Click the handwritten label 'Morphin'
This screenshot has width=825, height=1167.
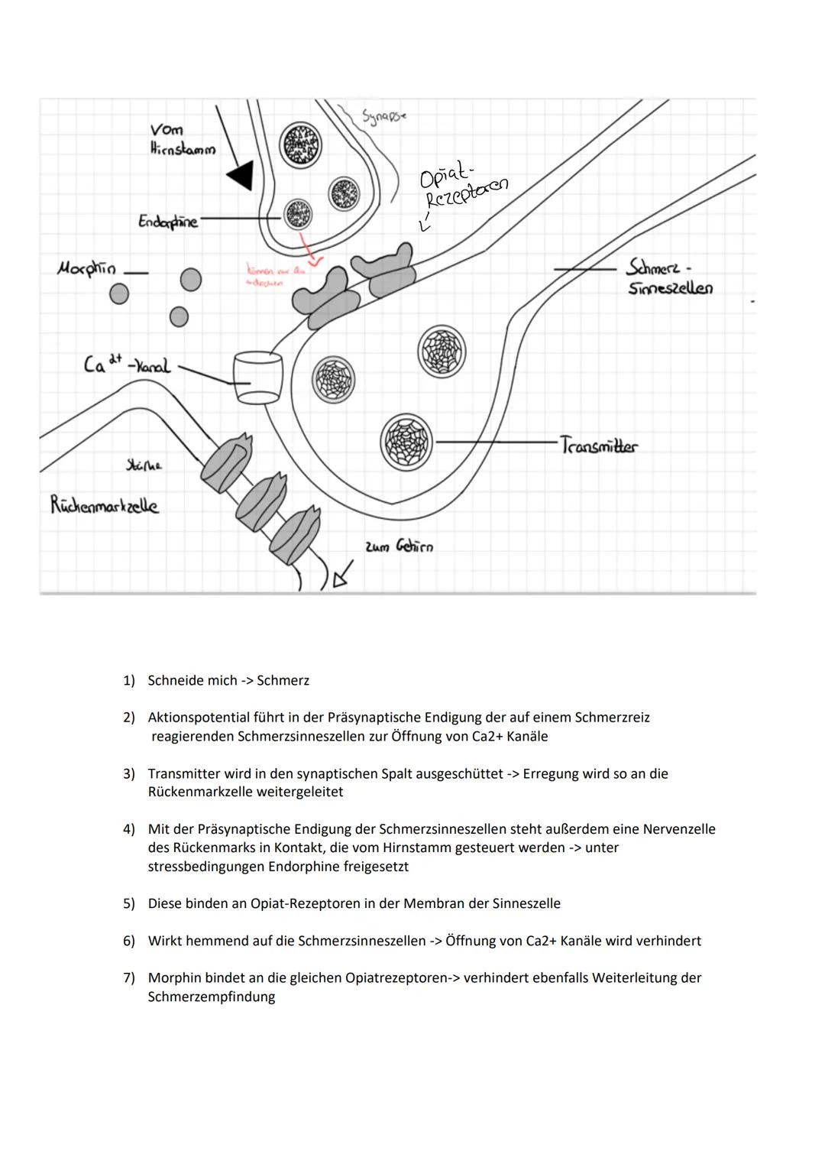coord(86,268)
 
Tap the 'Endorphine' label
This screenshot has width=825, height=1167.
coord(167,222)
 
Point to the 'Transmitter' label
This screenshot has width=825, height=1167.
coord(598,445)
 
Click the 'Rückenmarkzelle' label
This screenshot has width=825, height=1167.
coord(105,505)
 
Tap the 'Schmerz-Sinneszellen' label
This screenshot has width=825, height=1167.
coord(669,277)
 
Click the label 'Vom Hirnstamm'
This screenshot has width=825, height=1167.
coord(182,139)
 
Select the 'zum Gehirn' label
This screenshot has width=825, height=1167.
coord(399,546)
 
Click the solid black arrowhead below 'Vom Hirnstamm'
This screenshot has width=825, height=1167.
coord(241,175)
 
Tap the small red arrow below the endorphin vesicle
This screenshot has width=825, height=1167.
coord(309,251)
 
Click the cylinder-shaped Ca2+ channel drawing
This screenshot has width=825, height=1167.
coord(257,378)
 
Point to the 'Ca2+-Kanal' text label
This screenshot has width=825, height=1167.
coord(127,365)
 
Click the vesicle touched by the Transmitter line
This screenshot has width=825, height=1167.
coord(406,442)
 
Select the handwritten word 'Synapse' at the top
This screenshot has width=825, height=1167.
coord(383,117)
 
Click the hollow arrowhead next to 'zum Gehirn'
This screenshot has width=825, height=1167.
coord(342,572)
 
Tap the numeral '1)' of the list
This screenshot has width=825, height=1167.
coord(129,680)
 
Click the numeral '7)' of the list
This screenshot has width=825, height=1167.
coord(129,977)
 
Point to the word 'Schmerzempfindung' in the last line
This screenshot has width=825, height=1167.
coord(211,997)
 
